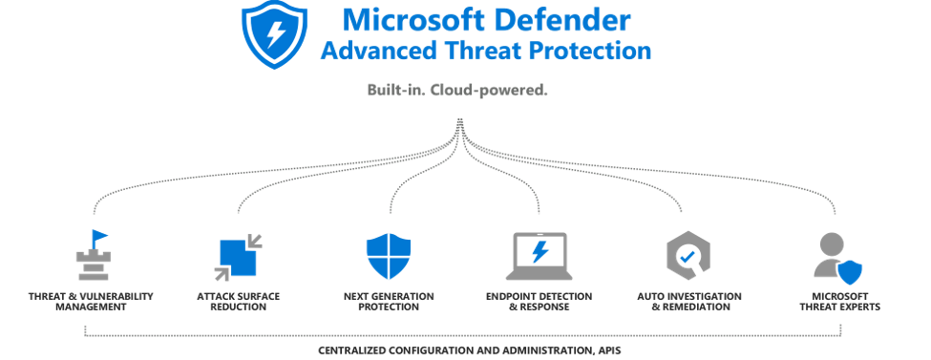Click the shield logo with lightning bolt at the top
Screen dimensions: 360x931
(x=273, y=34)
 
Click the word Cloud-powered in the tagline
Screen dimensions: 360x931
(x=502, y=91)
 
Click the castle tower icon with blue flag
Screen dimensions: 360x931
(x=93, y=253)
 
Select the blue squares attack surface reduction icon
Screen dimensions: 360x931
(x=238, y=256)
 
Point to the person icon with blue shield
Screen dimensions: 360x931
(x=835, y=258)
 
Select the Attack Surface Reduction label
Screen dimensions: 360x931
(x=239, y=302)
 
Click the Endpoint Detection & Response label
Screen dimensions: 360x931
(x=540, y=302)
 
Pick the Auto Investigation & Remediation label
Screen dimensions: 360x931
(x=687, y=302)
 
